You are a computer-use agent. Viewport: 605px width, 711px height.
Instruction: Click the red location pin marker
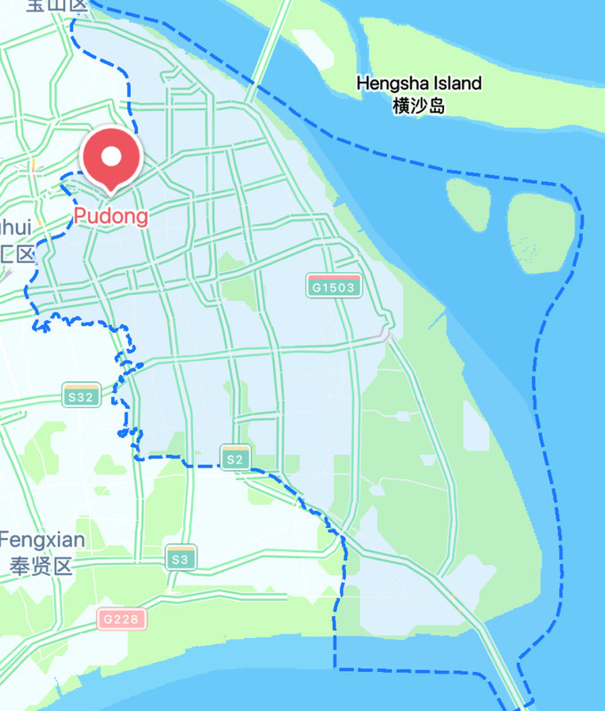point(111,160)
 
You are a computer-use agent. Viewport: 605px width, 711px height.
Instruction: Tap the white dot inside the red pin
point(111,156)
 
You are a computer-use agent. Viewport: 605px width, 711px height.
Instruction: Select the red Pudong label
point(111,216)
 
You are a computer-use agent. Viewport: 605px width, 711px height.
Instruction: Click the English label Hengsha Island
point(419,84)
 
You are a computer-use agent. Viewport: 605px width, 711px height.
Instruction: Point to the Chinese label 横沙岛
point(418,106)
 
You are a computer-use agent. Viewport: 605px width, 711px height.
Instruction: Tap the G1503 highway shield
point(335,286)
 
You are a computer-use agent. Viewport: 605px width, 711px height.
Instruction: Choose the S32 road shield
point(80,396)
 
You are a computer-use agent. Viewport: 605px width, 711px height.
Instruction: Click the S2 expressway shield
point(235,459)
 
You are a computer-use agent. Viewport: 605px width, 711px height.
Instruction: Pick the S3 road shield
point(181,559)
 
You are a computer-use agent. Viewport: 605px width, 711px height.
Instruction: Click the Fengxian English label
point(42,539)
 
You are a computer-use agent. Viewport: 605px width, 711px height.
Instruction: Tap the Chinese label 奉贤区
point(39,566)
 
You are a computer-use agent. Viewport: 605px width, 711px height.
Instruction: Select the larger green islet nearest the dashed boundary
point(541,229)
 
